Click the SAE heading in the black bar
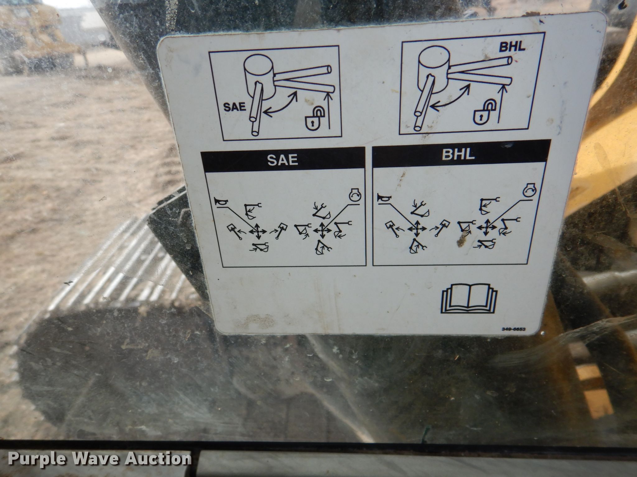pos(283,160)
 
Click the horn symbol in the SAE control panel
pos(222,202)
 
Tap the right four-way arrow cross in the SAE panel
pos(322,230)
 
